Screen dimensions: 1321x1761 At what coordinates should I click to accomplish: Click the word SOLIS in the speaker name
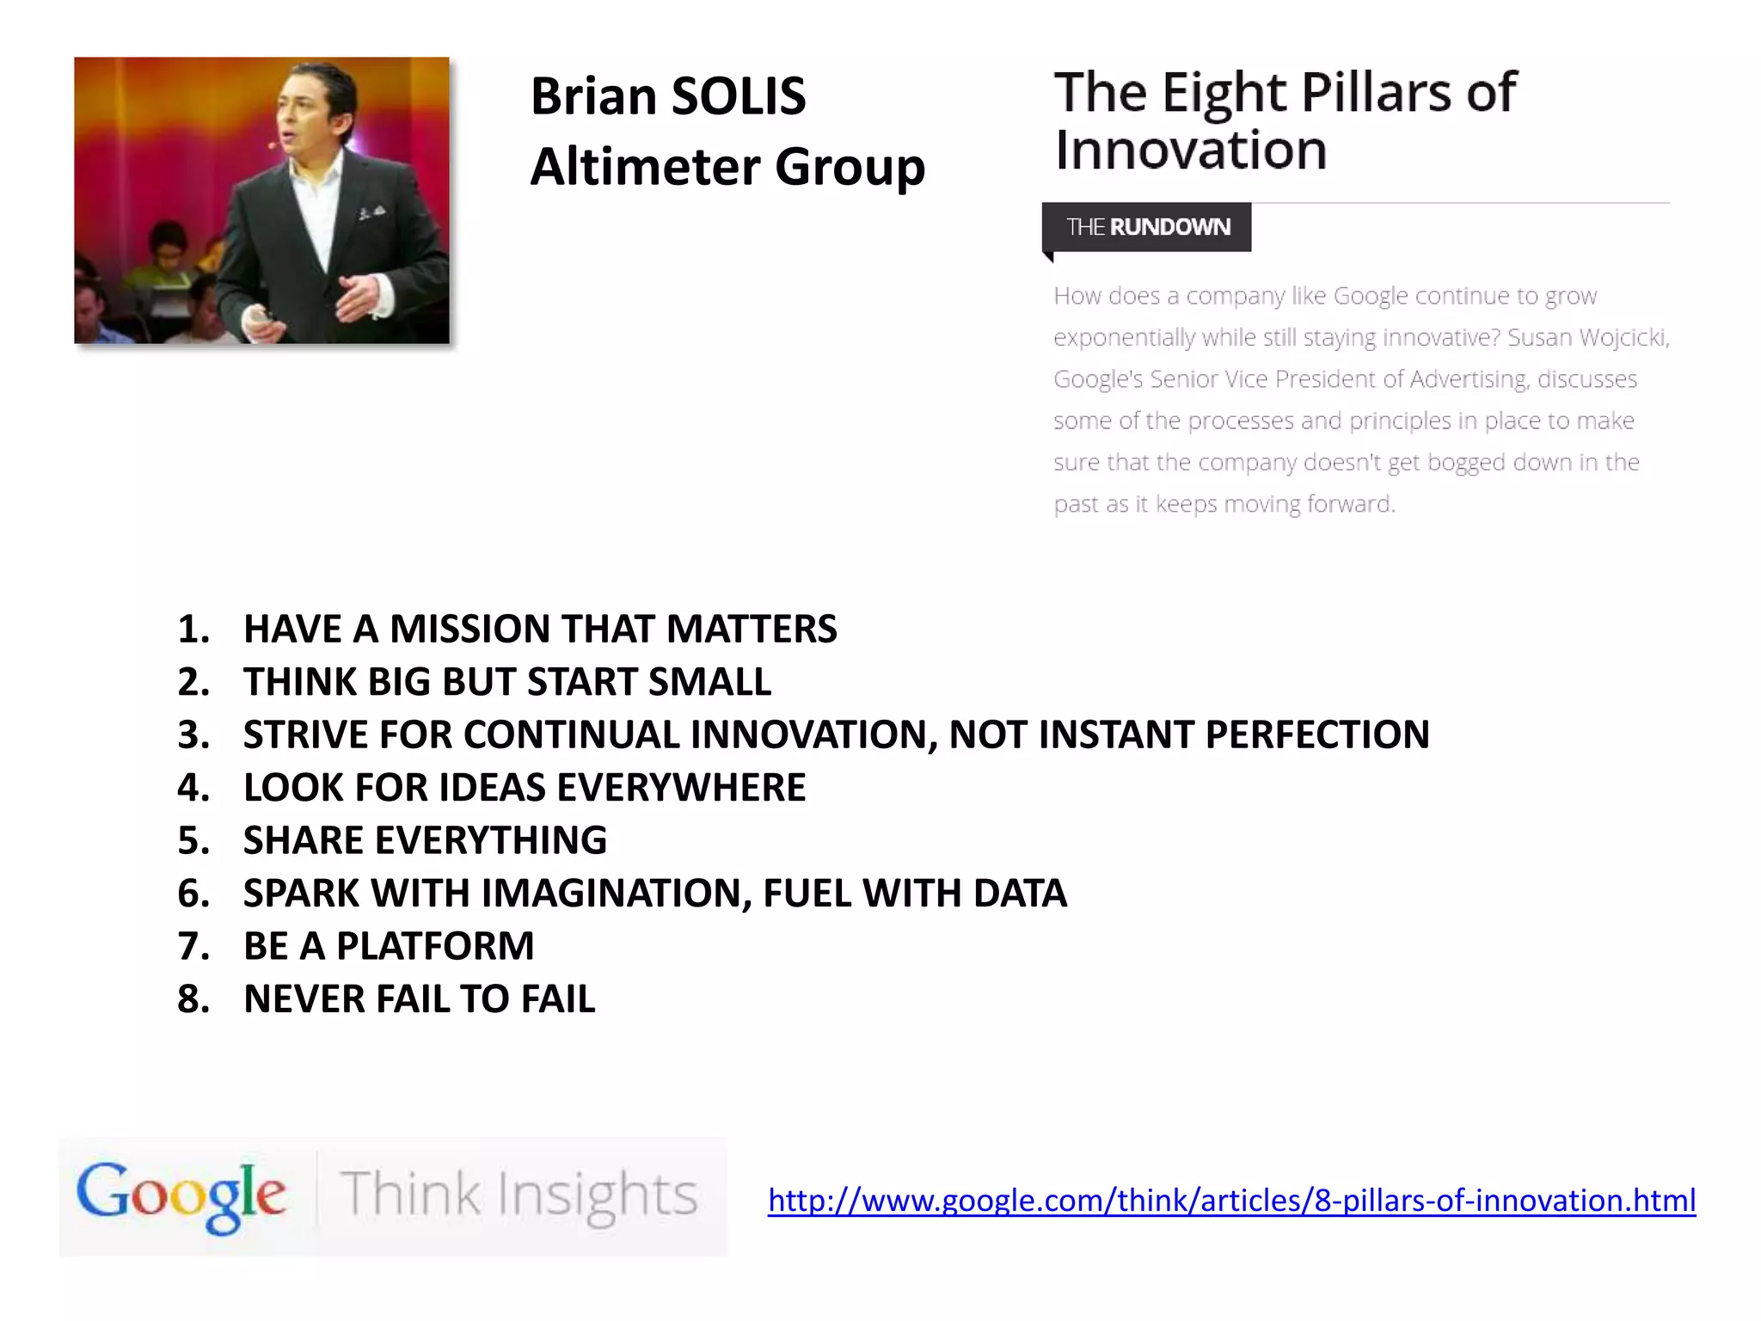(738, 96)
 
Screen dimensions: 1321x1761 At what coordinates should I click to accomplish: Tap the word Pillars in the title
(1374, 92)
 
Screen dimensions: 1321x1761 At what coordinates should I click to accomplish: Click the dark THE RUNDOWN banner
(1147, 227)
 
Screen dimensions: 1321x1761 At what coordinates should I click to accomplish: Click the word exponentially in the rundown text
(1124, 337)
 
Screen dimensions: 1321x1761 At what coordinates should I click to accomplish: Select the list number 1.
(192, 630)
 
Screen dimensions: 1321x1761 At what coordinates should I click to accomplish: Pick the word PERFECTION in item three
(1317, 735)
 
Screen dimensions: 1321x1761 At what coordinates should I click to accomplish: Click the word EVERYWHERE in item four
(681, 788)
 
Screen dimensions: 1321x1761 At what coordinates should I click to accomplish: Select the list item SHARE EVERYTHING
(425, 841)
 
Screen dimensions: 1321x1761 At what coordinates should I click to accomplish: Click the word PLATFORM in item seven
(435, 947)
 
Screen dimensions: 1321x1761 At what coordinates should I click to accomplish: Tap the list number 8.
(192, 999)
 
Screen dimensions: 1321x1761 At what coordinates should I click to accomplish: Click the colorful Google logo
(181, 1195)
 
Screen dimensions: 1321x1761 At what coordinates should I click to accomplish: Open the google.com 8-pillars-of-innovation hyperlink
(1231, 1201)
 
